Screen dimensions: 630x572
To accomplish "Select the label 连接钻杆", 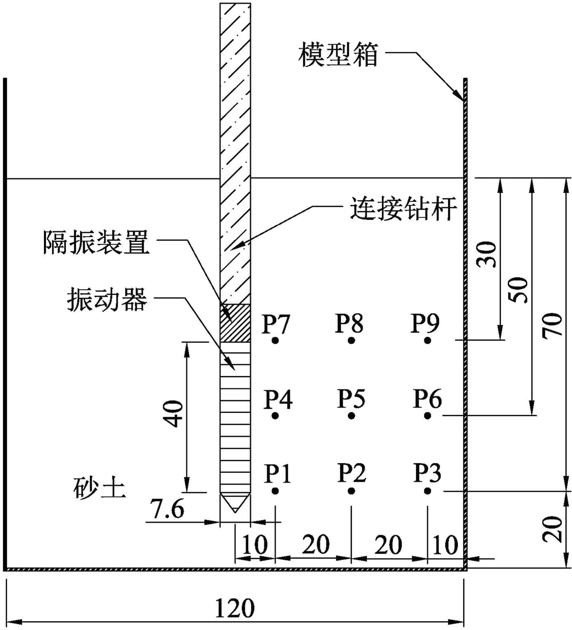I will (402, 209).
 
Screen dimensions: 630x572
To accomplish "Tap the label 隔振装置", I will (95, 243).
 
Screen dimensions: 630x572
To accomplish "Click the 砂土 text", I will (99, 489).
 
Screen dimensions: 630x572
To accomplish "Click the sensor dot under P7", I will (275, 341).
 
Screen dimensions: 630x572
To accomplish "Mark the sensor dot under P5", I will (351, 416).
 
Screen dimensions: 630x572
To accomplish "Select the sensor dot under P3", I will (428, 491).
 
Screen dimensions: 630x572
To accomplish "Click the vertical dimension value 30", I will (487, 255).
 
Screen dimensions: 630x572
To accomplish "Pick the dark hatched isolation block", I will (235, 323).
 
